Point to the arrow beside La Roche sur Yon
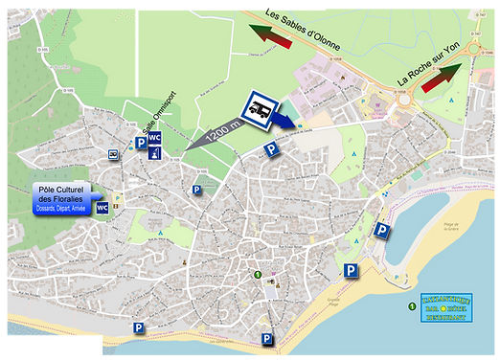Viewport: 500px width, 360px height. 442,78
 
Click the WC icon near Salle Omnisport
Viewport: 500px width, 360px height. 154,139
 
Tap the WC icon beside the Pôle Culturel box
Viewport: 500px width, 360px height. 102,208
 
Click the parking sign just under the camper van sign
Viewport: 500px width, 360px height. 271,149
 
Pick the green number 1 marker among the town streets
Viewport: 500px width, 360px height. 256,276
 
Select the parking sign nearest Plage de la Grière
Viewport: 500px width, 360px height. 381,230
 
